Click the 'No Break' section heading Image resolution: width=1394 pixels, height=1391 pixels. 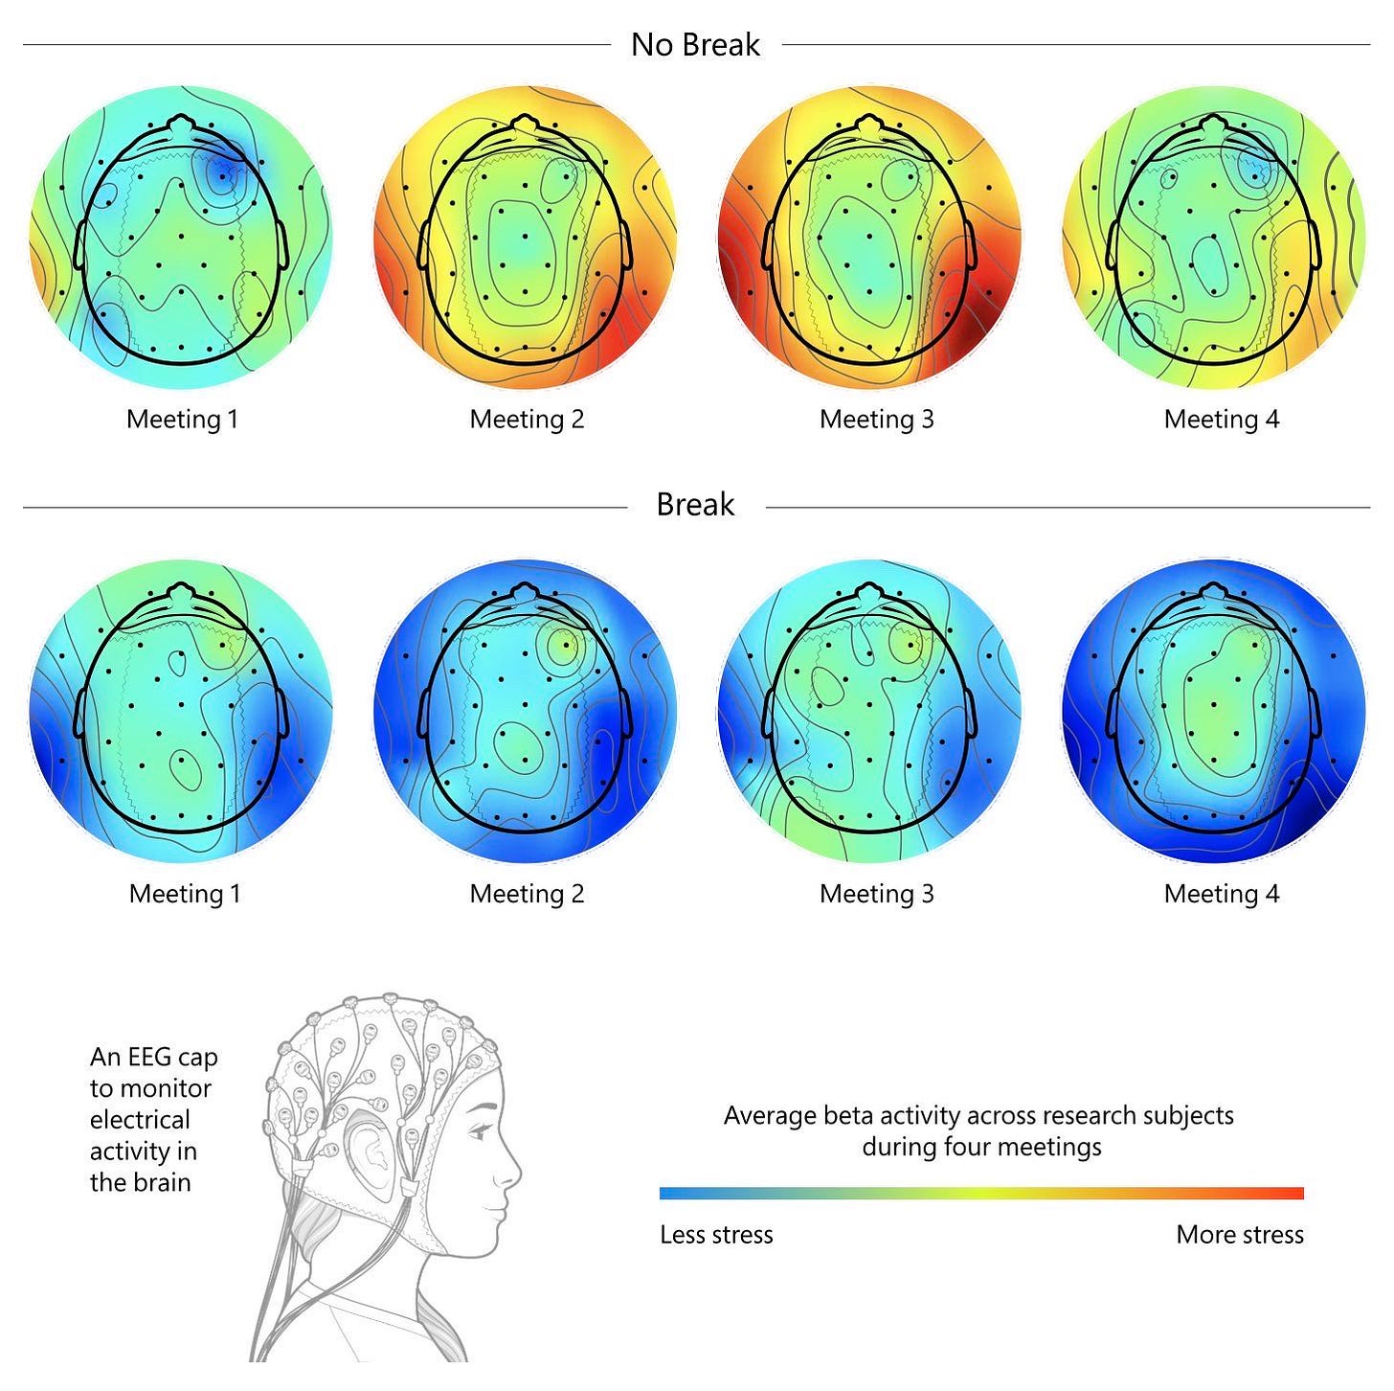[695, 45]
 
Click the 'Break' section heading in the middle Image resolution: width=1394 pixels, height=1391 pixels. [695, 505]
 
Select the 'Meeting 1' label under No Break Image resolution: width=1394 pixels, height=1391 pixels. [182, 420]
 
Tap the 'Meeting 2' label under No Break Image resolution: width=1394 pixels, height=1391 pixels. [527, 420]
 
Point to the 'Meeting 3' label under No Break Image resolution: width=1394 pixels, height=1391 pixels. [876, 420]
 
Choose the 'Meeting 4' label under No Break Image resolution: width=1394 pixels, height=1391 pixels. [1221, 420]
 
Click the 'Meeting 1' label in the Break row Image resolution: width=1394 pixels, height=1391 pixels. [185, 894]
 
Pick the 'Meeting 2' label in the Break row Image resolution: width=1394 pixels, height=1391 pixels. [527, 894]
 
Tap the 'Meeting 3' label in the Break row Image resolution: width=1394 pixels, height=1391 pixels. [876, 894]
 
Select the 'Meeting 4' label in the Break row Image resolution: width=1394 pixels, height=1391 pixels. [1221, 894]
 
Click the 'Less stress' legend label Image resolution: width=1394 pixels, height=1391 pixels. [716, 1235]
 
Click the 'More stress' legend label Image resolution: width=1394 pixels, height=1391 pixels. [1240, 1235]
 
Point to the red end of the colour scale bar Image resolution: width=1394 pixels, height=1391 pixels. [1293, 1194]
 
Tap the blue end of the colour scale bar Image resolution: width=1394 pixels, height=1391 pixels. [670, 1194]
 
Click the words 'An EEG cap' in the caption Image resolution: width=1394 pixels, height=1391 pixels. [153, 1058]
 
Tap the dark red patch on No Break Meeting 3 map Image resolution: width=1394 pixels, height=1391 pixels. [981, 321]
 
